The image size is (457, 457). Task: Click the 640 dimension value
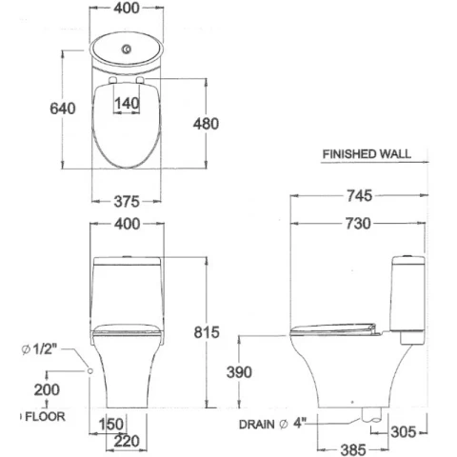click(x=63, y=109)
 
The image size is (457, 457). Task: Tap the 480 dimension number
click(x=206, y=124)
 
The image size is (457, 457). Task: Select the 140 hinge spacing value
click(x=127, y=104)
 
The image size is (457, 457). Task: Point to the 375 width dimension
click(x=127, y=201)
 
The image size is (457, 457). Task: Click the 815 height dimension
click(x=207, y=332)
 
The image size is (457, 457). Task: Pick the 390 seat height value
click(x=239, y=372)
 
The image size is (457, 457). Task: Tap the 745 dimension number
click(x=359, y=195)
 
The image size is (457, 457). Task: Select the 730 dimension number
click(x=358, y=224)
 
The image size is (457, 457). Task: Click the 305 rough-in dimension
click(x=403, y=432)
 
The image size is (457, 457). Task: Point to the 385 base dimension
click(x=353, y=449)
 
